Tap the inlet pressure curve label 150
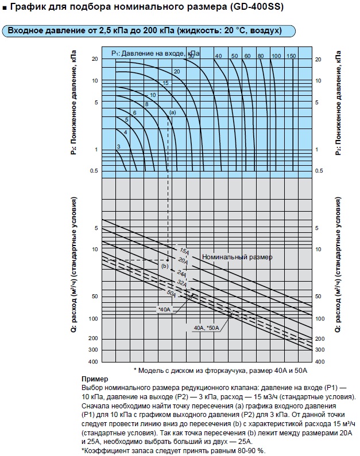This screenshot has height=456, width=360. [x=291, y=55]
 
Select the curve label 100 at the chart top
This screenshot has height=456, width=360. [x=276, y=55]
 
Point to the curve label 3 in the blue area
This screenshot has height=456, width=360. [x=118, y=147]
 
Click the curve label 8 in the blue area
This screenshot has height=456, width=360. [x=146, y=104]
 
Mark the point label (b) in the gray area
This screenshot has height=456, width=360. [x=164, y=266]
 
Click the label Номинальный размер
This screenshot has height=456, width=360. [x=237, y=257]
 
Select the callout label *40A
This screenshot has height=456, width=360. [x=164, y=309]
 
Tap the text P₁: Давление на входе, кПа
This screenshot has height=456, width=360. [x=155, y=53]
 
